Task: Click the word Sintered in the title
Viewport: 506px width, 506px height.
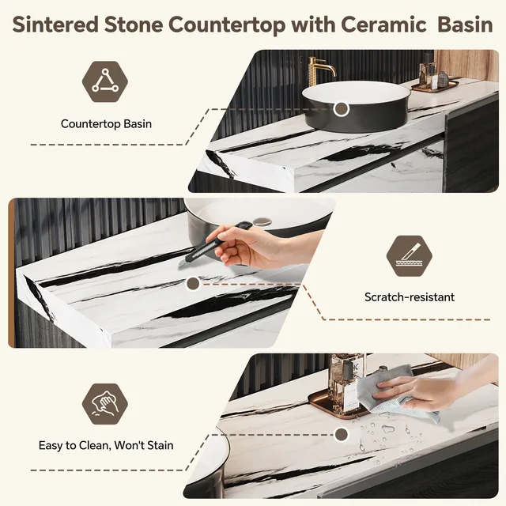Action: click(55, 25)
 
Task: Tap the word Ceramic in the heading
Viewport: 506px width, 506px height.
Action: click(383, 25)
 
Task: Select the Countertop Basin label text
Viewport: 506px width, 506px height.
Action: click(106, 124)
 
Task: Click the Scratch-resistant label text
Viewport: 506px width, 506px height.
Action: click(410, 297)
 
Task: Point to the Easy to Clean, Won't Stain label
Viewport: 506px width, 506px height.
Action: click(106, 445)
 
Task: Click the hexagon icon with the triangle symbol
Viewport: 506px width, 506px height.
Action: click(105, 81)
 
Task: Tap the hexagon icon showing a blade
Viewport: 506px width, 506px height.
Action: click(410, 256)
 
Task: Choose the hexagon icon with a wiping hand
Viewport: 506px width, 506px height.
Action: click(105, 404)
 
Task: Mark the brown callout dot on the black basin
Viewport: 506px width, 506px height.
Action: click(341, 109)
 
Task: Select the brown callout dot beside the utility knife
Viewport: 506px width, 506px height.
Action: click(193, 284)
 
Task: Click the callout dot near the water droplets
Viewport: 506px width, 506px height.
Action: click(341, 434)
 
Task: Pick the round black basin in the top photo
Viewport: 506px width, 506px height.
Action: click(357, 106)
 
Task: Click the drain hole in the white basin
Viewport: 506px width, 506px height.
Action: click(262, 221)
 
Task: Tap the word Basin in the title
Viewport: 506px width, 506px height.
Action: click(465, 25)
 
